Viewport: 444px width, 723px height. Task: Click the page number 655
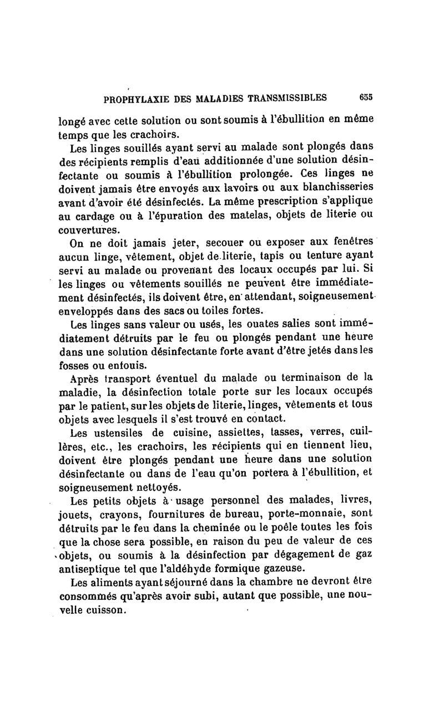[x=365, y=96]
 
